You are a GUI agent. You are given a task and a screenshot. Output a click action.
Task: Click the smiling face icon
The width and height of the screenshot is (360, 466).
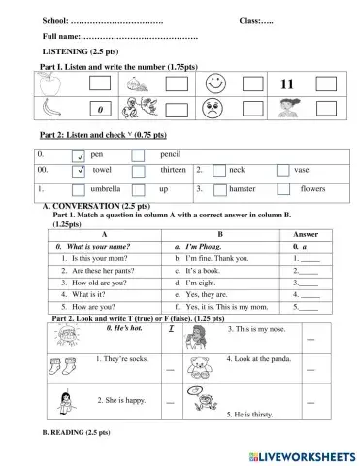point(213,84)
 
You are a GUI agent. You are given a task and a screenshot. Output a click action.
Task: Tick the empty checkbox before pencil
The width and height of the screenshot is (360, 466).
point(139,155)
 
